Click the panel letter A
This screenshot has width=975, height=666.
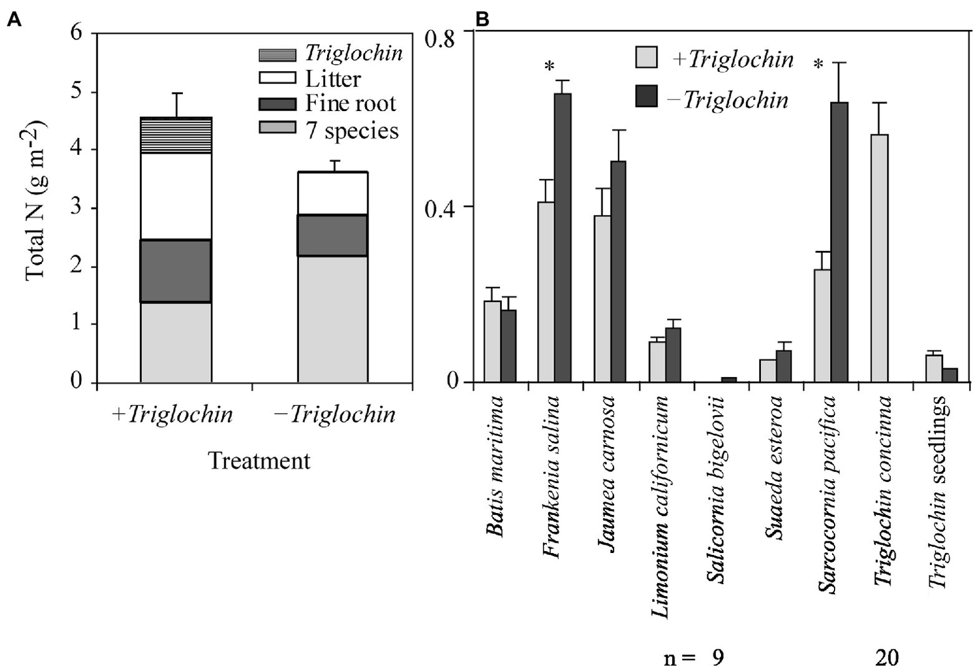coord(13,20)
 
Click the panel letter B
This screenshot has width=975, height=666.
coord(483,20)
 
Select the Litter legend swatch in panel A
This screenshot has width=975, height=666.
coord(277,79)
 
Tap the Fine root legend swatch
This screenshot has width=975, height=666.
coord(277,104)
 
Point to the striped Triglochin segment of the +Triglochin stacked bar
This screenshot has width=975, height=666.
coord(176,135)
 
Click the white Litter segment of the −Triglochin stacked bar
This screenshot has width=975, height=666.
coord(333,193)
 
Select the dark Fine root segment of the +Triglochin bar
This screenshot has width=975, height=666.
coord(176,270)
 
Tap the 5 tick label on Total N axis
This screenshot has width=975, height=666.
coord(76,92)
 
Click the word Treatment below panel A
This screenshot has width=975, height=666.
coord(259,460)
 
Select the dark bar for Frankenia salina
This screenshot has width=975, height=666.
coord(563,237)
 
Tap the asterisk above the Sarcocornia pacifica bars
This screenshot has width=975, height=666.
coord(819,65)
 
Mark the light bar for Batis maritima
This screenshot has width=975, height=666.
coord(492,341)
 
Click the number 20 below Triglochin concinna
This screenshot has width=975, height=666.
coord(887,657)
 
